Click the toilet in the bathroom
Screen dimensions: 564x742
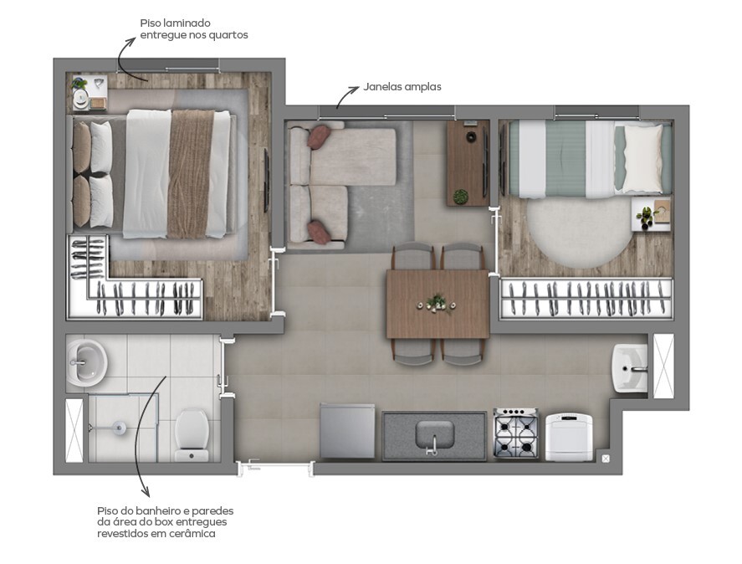[193, 433]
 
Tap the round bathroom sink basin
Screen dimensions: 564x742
[86, 361]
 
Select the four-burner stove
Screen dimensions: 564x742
[516, 433]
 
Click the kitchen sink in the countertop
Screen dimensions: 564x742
[434, 435]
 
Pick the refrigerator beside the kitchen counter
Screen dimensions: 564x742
[347, 431]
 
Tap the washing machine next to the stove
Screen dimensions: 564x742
[569, 436]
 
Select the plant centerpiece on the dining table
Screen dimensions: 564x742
[436, 302]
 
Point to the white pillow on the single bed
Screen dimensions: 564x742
[642, 158]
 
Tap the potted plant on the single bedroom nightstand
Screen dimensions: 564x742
[647, 216]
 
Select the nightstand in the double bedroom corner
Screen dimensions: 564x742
[87, 92]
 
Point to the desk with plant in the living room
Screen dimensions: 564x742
[467, 162]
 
